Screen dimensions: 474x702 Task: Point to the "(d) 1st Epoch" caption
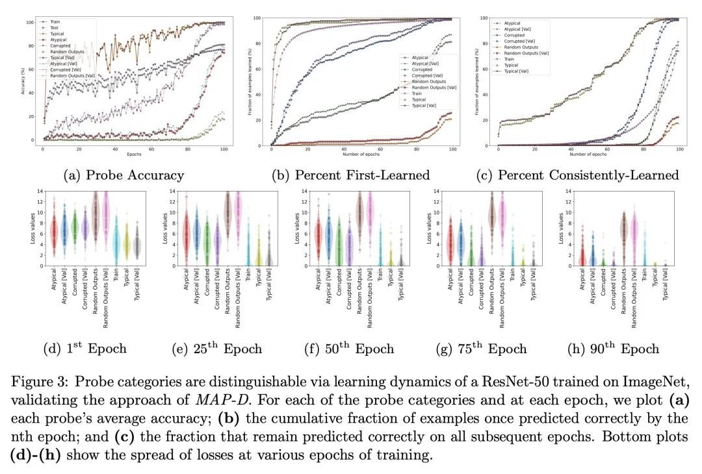84,349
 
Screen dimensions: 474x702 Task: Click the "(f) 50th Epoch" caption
349,349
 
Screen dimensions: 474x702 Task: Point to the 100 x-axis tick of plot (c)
679,149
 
